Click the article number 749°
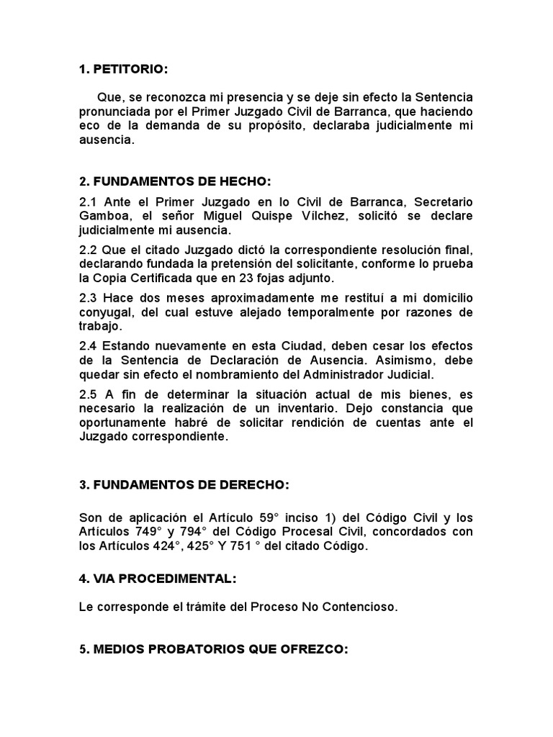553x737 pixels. tap(145, 533)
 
